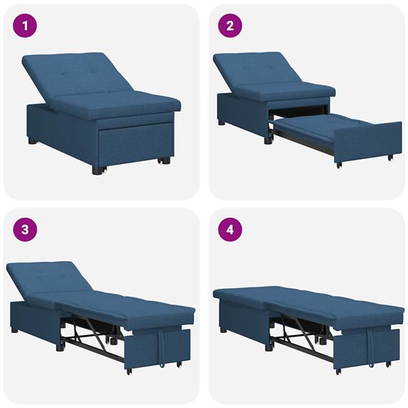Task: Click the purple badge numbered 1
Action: tap(26, 27)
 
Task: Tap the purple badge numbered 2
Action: tap(230, 27)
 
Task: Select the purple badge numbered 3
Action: tap(26, 229)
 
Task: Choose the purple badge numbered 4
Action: tap(230, 229)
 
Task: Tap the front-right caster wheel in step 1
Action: tap(163, 160)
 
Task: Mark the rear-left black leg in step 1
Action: tap(33, 142)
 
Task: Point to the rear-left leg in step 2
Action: tap(222, 123)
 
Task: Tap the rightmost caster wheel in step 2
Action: tap(390, 158)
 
